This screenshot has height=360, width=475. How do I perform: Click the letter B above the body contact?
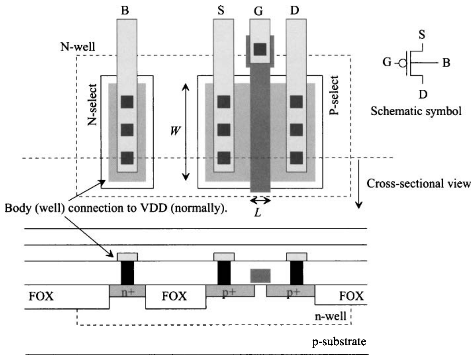125,10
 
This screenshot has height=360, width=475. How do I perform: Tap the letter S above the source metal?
220,10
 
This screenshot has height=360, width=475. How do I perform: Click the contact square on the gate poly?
259,48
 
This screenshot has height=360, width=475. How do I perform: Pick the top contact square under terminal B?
127,102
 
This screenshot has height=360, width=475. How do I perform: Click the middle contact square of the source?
224,130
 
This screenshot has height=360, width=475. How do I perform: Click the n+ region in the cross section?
127,291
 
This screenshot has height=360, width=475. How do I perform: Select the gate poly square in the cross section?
260,275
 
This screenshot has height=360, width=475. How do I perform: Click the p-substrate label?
339,342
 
